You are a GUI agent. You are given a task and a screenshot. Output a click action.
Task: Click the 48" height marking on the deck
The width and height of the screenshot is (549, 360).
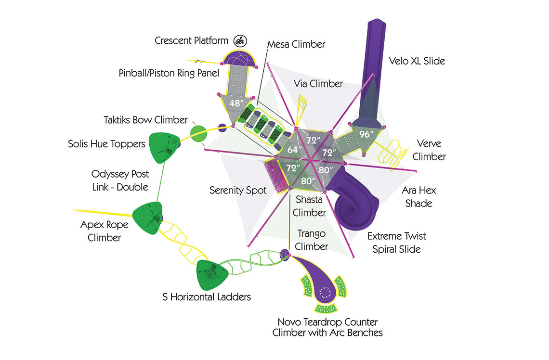click(236, 103)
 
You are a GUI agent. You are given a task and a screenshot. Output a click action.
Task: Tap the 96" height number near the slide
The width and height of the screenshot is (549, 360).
click(366, 134)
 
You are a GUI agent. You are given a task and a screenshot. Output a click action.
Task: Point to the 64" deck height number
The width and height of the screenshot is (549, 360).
click(294, 150)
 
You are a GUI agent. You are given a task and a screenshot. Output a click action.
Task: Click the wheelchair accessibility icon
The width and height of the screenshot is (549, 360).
click(240, 41)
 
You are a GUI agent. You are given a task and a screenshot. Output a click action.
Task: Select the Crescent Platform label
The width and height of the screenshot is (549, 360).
click(192, 40)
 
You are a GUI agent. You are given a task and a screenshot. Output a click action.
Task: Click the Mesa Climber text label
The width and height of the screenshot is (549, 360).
click(296, 44)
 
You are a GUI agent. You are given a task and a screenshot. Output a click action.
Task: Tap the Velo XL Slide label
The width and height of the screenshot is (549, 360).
click(417, 61)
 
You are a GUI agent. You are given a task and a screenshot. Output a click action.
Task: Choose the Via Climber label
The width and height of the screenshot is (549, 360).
click(318, 84)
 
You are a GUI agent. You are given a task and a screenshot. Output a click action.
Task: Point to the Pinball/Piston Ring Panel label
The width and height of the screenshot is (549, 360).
click(169, 73)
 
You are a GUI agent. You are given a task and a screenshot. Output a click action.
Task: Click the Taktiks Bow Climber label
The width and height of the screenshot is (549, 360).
click(145, 120)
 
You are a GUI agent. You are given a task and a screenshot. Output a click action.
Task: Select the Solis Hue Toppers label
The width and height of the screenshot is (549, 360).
click(106, 144)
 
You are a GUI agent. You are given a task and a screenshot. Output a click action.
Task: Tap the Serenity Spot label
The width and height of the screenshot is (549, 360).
click(238, 190)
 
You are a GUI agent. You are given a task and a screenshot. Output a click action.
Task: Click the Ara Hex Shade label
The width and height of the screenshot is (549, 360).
click(419, 197)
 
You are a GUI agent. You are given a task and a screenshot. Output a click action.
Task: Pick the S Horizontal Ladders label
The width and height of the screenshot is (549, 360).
click(207, 297)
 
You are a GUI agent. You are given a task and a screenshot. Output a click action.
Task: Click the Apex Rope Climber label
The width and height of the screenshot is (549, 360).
click(105, 231)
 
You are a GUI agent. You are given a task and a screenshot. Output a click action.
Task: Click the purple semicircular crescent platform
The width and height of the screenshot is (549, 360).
click(239, 58)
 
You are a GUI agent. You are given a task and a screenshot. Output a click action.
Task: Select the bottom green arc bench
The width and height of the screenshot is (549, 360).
click(326, 308)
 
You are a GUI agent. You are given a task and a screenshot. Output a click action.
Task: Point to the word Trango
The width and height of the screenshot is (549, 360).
click(311, 234)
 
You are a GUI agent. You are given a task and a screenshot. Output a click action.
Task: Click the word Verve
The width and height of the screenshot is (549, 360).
click(429, 143)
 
